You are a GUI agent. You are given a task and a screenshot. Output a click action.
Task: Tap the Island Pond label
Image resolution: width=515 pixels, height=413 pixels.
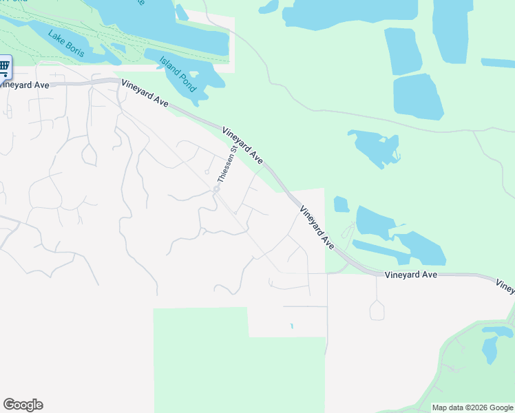178,74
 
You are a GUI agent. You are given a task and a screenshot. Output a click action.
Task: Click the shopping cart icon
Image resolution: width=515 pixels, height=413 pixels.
4,67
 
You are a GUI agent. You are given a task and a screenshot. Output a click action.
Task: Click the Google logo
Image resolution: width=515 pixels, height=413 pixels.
23,405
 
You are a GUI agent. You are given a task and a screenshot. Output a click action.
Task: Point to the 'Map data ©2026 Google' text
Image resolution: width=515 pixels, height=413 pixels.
472,407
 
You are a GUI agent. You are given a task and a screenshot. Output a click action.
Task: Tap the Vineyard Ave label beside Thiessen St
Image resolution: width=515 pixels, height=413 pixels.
242,145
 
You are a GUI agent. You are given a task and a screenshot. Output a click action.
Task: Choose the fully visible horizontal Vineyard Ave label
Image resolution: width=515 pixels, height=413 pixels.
411,274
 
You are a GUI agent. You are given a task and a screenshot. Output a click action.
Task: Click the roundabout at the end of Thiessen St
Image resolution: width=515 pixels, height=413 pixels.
216,189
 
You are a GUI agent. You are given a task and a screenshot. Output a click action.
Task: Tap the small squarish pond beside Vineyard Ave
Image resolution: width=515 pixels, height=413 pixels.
341,204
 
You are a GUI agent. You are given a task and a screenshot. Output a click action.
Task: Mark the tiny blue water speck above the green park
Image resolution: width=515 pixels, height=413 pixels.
292,326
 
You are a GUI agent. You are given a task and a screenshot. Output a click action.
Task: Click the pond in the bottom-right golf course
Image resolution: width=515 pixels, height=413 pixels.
490,348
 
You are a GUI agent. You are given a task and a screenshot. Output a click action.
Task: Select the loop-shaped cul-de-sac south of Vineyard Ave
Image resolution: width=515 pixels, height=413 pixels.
377,310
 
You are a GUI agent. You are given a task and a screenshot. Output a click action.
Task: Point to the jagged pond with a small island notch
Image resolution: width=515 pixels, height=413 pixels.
375,147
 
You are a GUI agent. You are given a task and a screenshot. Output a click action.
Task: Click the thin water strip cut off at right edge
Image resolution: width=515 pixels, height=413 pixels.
497,63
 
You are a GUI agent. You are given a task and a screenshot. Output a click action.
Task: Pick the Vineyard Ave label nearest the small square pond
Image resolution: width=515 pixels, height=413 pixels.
317,226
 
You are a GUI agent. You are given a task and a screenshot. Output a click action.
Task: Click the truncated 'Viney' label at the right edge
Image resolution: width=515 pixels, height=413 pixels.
505,286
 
